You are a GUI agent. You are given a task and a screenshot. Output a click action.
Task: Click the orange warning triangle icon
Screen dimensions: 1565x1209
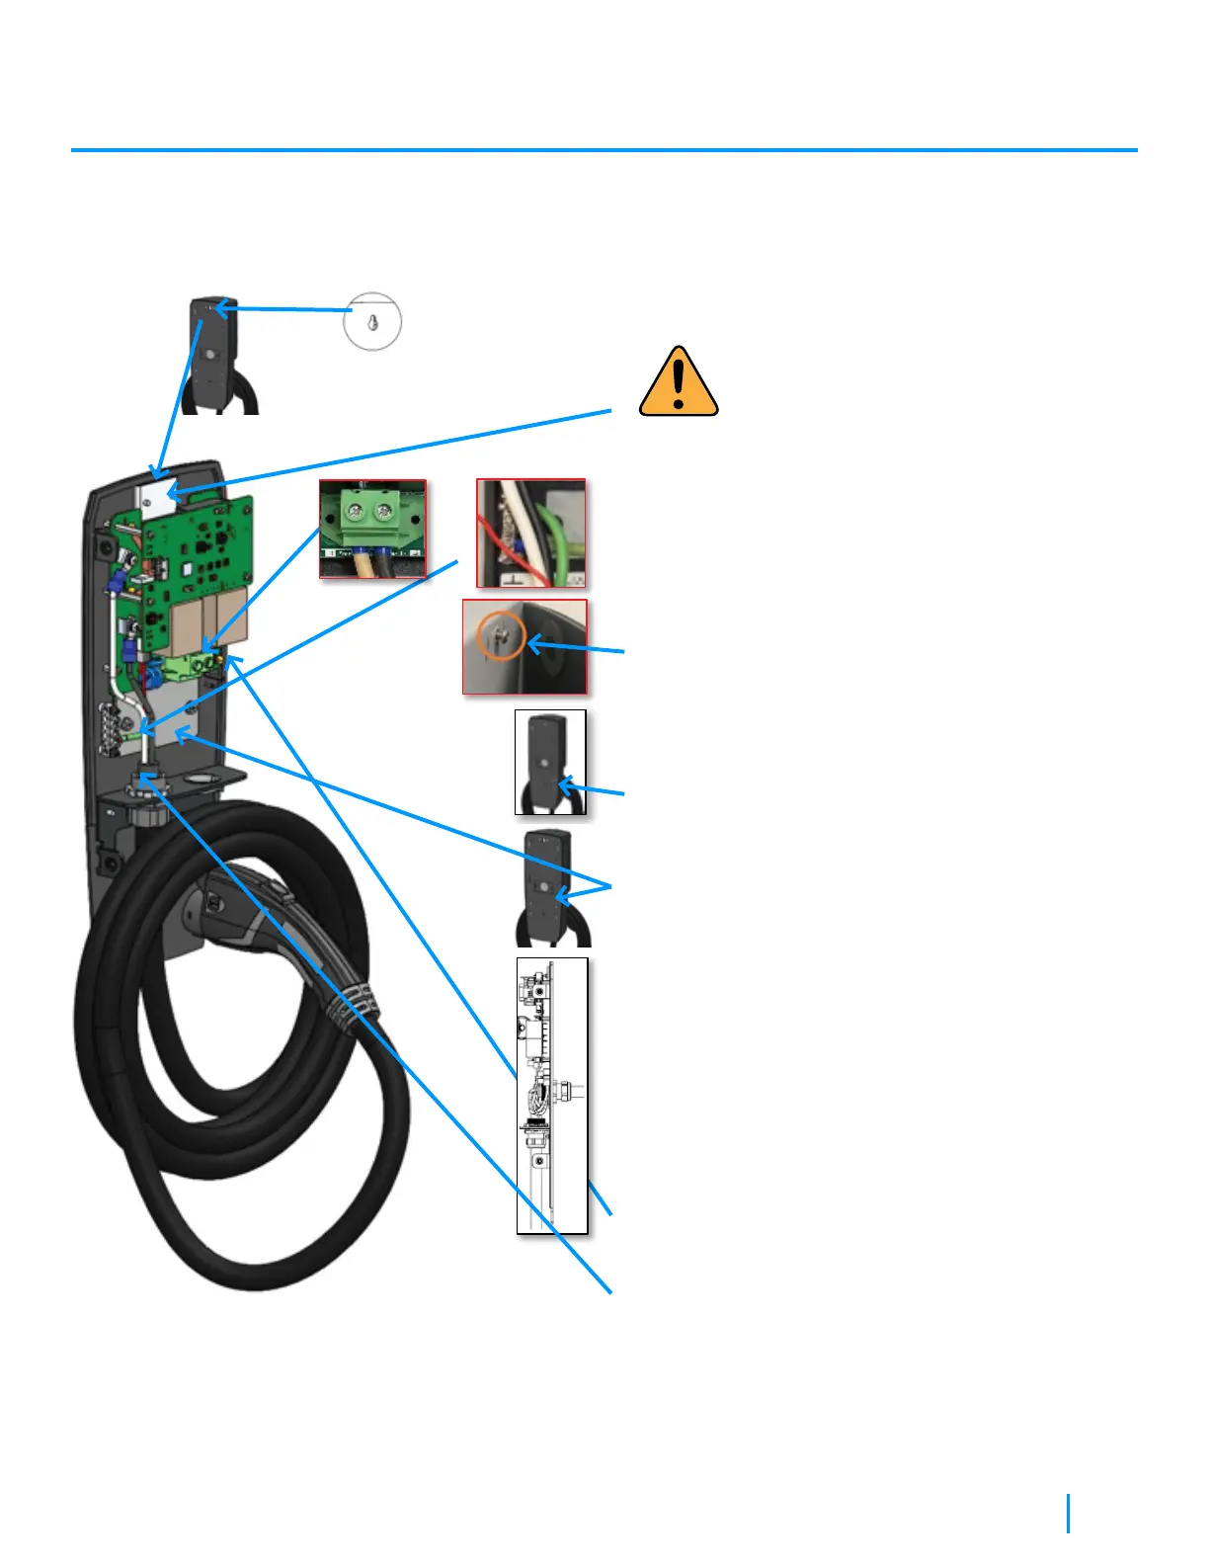pos(679,382)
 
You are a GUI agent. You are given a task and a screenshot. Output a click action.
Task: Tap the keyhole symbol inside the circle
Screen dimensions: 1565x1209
pos(372,321)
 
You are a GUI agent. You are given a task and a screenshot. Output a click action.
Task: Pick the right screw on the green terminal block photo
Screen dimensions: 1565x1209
pos(384,513)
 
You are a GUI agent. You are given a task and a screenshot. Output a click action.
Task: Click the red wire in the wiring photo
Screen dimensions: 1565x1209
pos(494,534)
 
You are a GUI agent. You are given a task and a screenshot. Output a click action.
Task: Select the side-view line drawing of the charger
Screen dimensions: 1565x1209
pos(552,1095)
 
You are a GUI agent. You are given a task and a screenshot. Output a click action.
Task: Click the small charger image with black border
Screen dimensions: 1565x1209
pos(550,762)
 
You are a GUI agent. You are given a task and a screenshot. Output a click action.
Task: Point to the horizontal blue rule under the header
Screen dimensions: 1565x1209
pos(604,150)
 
